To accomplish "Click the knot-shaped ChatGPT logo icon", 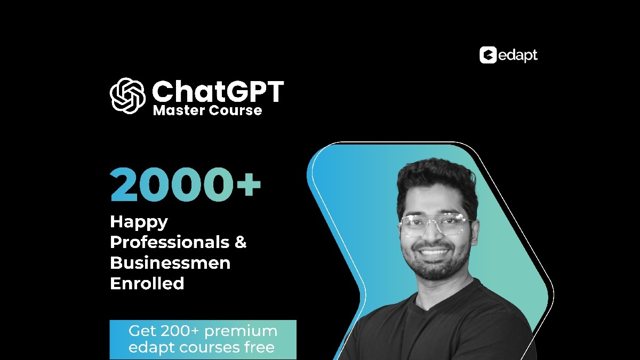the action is click(x=127, y=95).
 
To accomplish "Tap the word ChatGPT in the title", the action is click(x=218, y=91).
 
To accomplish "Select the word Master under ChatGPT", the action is click(x=179, y=110).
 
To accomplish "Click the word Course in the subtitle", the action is click(x=235, y=110).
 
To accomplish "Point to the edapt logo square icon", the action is click(x=488, y=55).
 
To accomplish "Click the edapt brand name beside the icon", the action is click(x=518, y=55).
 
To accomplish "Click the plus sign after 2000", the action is click(x=249, y=185).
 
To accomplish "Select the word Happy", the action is click(x=139, y=222).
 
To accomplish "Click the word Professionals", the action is click(x=170, y=242).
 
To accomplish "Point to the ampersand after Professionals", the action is click(x=241, y=242).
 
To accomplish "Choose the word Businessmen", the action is click(x=170, y=263).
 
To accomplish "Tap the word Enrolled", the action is click(x=147, y=283).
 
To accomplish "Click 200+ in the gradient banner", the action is click(x=179, y=331).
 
